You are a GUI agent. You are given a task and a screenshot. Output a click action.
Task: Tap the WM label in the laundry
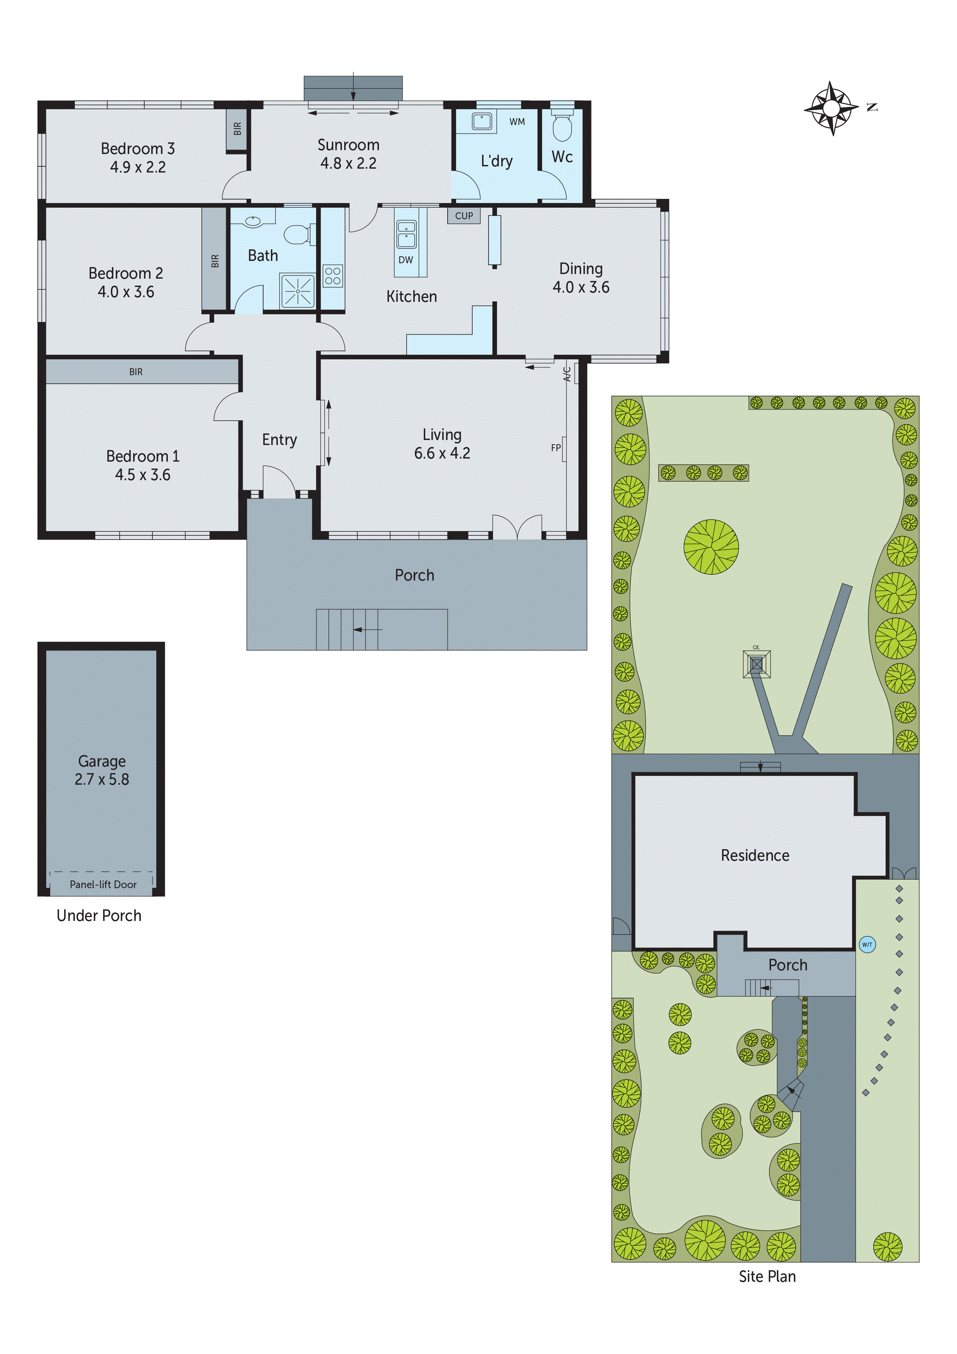pyautogui.click(x=517, y=122)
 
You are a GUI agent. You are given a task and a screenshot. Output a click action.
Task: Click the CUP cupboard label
pyautogui.click(x=464, y=216)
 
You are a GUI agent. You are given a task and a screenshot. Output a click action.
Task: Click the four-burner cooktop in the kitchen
pyautogui.click(x=333, y=276)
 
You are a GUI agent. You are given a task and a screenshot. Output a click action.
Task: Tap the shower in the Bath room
pyautogui.click(x=298, y=291)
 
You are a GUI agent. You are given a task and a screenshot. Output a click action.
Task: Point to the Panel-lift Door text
pyautogui.click(x=103, y=885)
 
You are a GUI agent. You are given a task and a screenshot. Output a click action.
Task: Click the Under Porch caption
pyautogui.click(x=99, y=916)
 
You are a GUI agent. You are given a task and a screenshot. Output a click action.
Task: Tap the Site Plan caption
pyautogui.click(x=767, y=1277)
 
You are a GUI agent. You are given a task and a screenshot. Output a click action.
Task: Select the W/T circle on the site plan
pyautogui.click(x=867, y=945)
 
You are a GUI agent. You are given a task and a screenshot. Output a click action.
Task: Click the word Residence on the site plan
pyautogui.click(x=755, y=856)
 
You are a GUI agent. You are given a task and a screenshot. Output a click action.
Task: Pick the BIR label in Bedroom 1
pyautogui.click(x=136, y=372)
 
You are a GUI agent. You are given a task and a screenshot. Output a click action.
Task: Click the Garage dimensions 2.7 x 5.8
pyautogui.click(x=102, y=780)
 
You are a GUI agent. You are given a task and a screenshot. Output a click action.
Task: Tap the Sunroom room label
pyautogui.click(x=348, y=145)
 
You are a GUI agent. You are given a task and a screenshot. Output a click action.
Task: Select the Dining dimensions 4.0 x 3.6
pyautogui.click(x=581, y=287)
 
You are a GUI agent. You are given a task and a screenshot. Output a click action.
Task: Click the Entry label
pyautogui.click(x=279, y=440)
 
